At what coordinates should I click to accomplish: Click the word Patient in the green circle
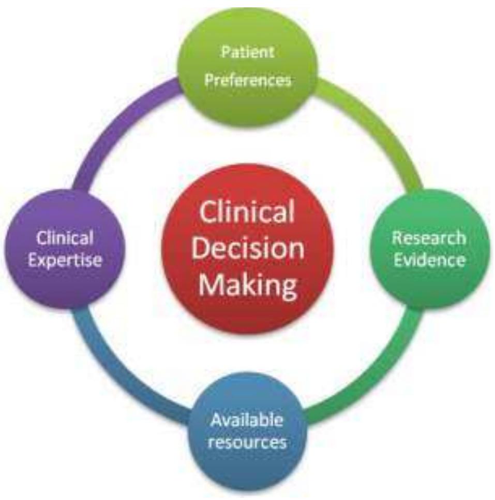248,52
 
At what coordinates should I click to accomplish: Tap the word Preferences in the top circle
248,80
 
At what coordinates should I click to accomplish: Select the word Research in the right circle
429,238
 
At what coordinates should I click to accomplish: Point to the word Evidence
429,260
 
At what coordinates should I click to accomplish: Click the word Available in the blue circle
247,420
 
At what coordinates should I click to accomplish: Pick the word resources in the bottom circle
247,442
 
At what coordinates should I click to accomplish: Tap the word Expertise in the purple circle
65,261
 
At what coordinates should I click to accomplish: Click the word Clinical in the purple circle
65,238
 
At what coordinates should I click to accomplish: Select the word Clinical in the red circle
247,212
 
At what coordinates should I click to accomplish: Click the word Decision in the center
248,248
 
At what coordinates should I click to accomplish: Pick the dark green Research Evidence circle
429,249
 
